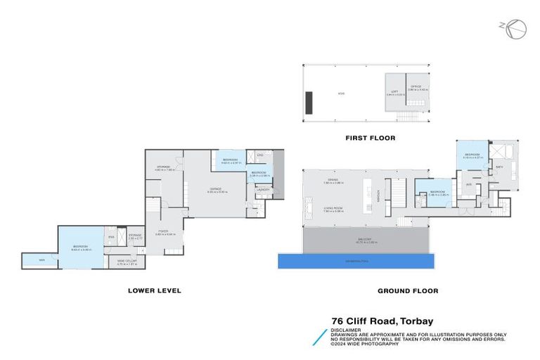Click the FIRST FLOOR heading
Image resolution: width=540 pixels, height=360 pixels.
(370, 138)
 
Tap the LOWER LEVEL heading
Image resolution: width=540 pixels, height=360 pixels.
(155, 290)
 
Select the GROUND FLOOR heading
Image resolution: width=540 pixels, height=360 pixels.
(407, 290)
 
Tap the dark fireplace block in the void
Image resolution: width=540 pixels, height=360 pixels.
(309, 102)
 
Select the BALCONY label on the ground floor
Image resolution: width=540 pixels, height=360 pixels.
(364, 239)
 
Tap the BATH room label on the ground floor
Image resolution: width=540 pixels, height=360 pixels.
(499, 167)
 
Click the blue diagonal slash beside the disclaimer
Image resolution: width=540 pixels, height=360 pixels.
(321, 337)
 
